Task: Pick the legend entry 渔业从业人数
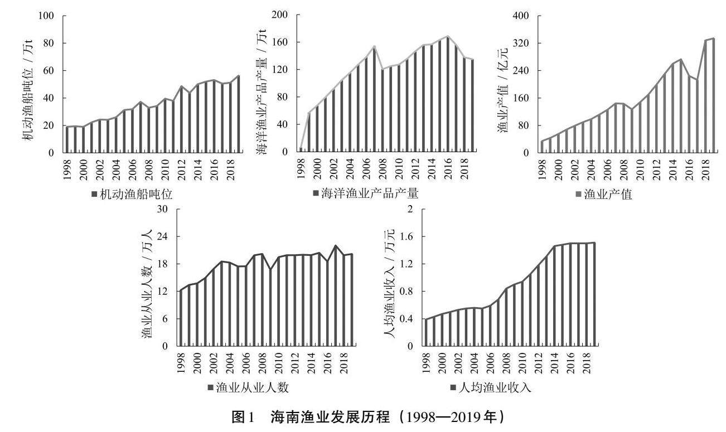tap(251, 388)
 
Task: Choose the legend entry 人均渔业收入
tap(494, 388)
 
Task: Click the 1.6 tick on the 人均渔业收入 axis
tap(408, 237)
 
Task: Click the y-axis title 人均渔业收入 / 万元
tap(390, 284)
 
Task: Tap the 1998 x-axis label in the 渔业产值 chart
tap(542, 168)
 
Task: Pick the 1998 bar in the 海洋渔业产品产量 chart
tap(301, 150)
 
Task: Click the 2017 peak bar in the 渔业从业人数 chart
tap(336, 296)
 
